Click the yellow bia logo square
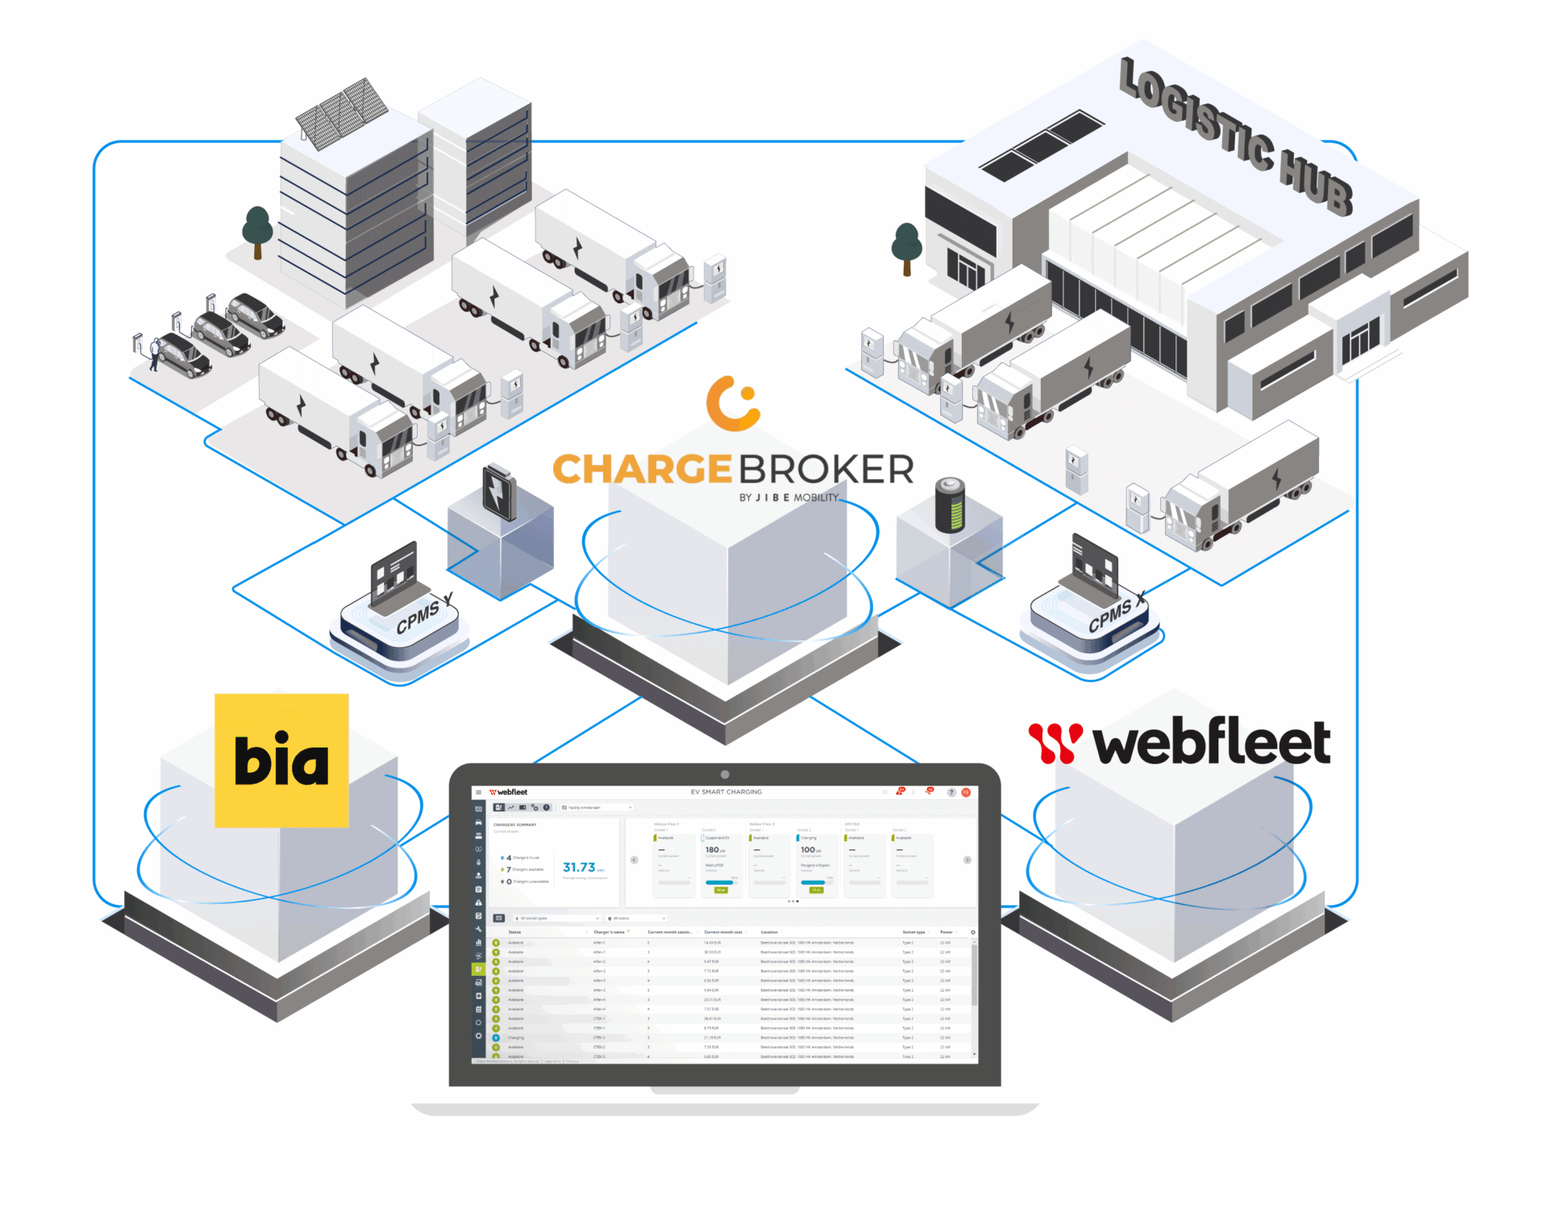point(281,760)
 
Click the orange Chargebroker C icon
point(733,402)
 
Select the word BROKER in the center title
point(826,469)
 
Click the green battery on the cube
point(950,505)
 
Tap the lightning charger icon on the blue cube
point(499,491)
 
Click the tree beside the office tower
point(257,229)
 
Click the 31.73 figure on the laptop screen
point(579,868)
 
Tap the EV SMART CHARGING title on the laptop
point(726,792)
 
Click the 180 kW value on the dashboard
point(713,850)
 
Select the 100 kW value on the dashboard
point(808,850)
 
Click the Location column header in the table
point(769,932)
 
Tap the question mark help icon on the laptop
point(951,793)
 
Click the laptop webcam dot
point(725,774)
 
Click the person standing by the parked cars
point(154,353)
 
